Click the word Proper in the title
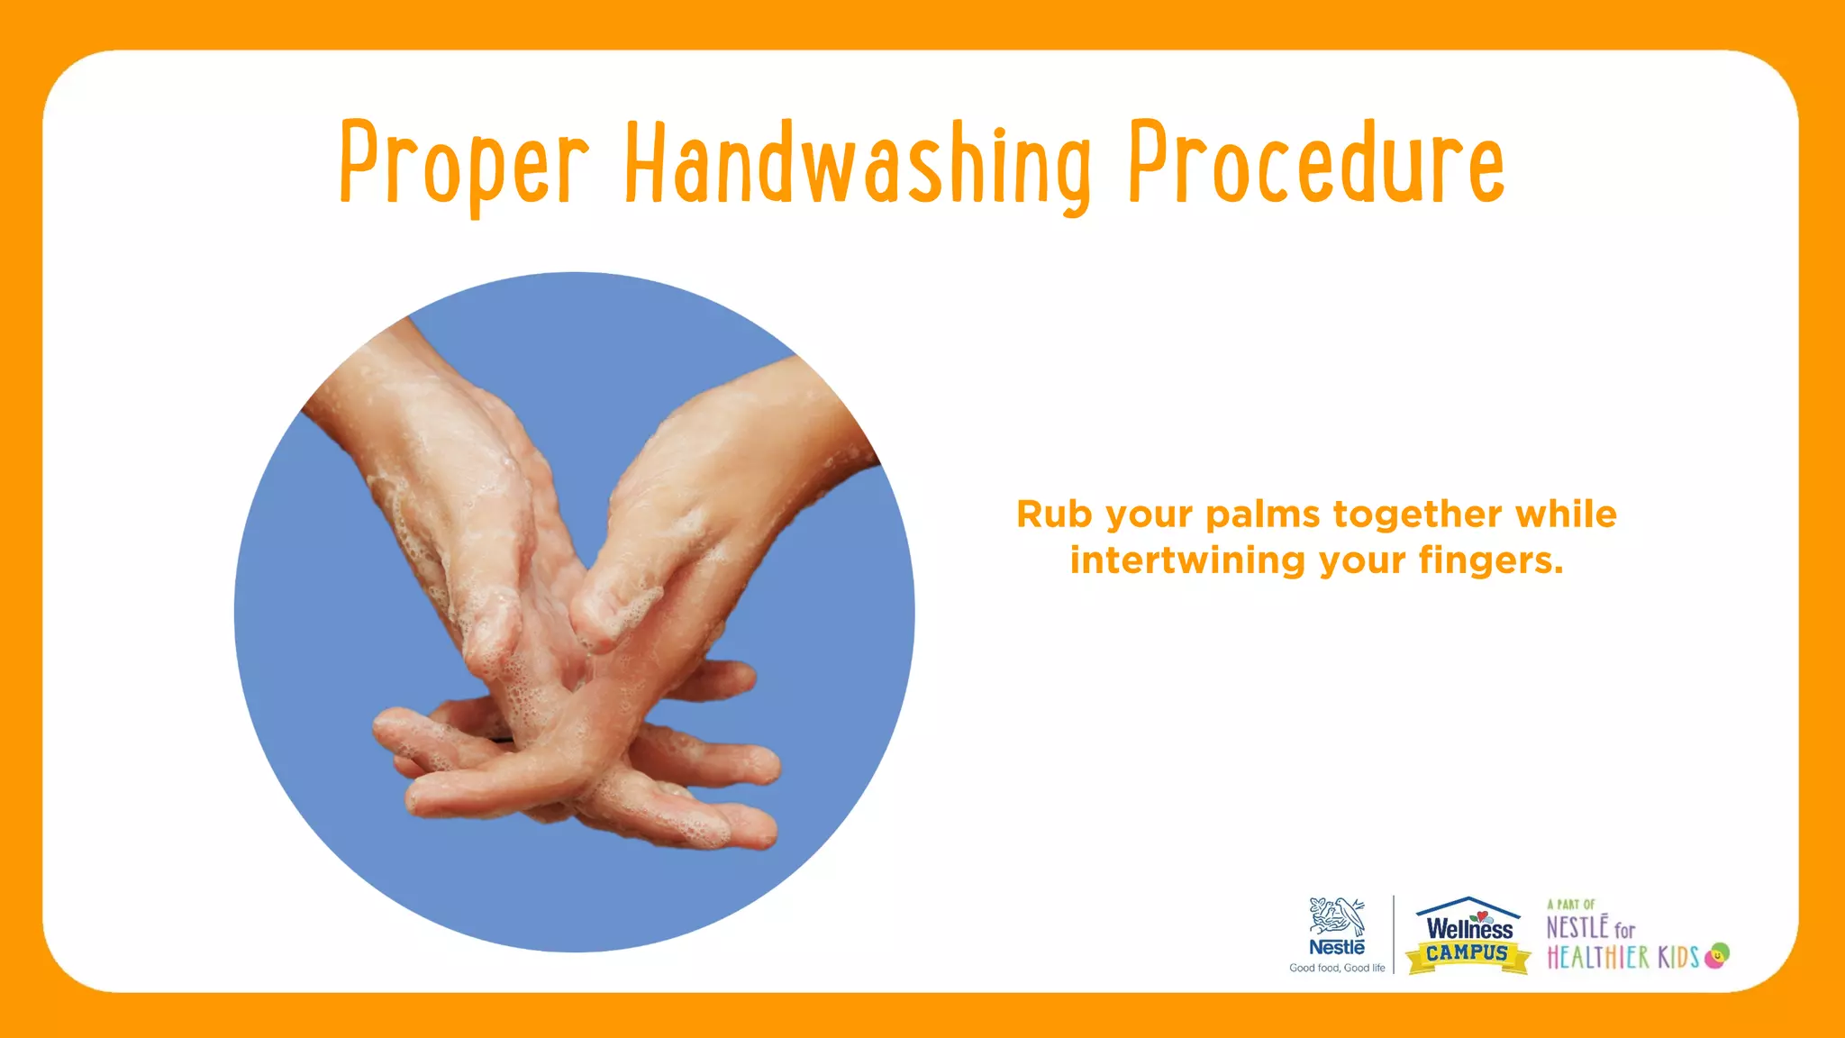[464, 164]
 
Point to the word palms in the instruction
[1263, 514]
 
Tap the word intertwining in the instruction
[1187, 560]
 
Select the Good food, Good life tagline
[1337, 968]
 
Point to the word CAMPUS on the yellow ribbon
[1468, 953]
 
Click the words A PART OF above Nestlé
[1571, 905]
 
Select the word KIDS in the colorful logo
[1678, 957]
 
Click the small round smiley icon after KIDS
[1717, 955]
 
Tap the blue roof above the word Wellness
[1468, 905]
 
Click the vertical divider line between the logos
[1394, 933]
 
